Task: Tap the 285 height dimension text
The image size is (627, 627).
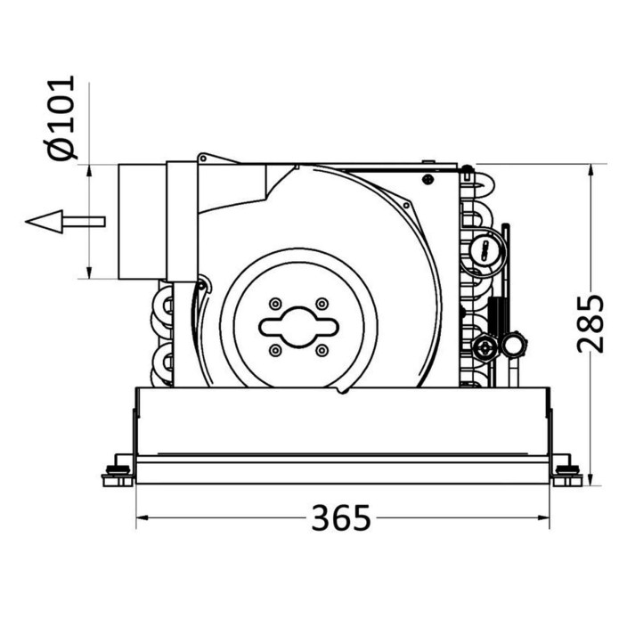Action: pos(590,324)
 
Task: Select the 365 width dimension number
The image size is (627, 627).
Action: pos(341,517)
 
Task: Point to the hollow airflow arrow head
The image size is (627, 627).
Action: pos(44,222)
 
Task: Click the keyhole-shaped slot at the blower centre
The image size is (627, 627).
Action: pos(298,327)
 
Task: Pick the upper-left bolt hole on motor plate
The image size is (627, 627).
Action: pos(275,304)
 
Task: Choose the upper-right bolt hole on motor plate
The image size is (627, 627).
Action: pos(322,304)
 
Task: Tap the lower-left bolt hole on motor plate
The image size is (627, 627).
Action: pos(275,351)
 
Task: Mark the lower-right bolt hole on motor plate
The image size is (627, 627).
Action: pos(322,351)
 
